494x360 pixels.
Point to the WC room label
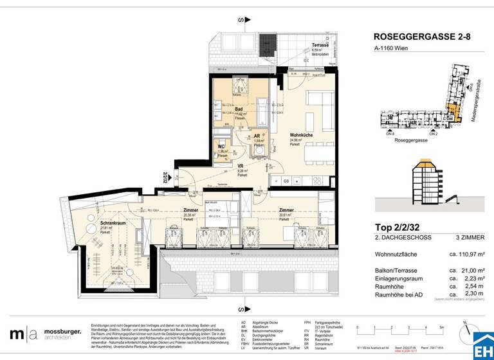223,147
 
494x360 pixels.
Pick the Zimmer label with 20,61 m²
286,210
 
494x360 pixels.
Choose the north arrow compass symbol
463,325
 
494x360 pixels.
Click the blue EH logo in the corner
482,346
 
